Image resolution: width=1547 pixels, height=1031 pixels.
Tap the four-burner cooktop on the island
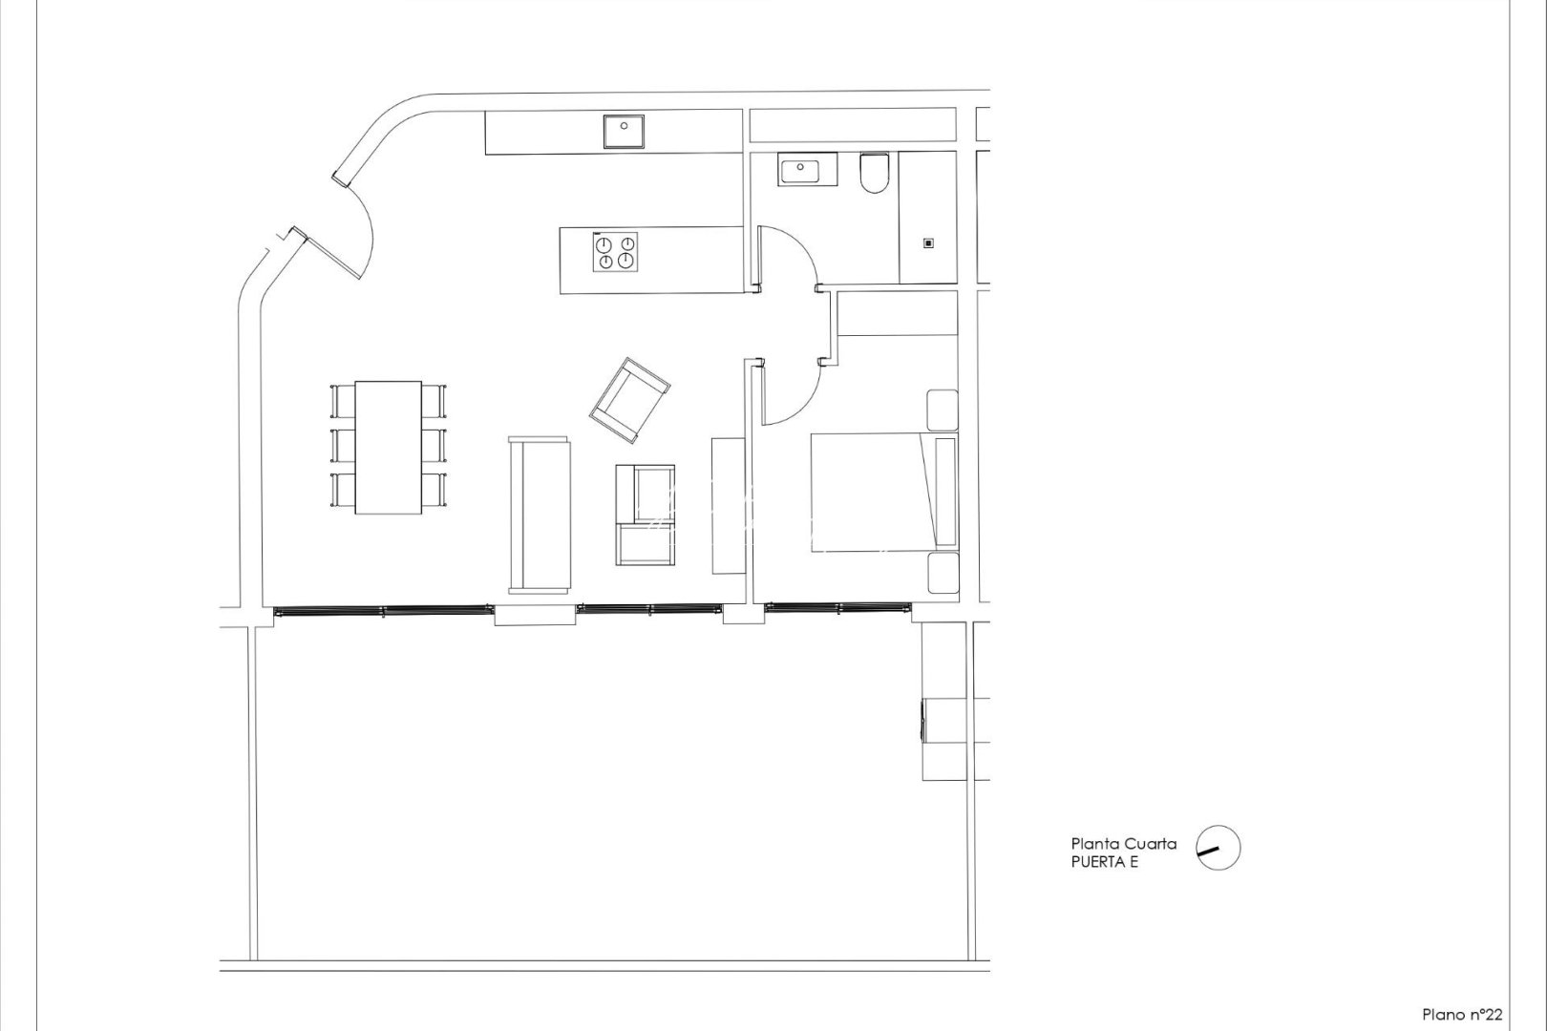[615, 252]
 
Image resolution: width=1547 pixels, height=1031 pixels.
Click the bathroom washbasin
[799, 172]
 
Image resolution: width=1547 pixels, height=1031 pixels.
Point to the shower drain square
[927, 242]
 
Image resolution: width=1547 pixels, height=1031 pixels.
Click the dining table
[389, 448]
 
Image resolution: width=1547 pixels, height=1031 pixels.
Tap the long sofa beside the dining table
[540, 515]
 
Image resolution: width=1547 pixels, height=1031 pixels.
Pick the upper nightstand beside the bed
[943, 410]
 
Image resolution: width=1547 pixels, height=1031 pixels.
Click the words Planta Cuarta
[1123, 844]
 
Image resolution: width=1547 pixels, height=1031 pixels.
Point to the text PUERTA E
[1105, 862]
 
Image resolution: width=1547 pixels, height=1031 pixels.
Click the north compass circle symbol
[1218, 848]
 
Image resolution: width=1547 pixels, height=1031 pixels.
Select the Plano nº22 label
[1462, 1014]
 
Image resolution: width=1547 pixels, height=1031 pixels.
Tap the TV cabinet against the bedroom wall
[728, 505]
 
